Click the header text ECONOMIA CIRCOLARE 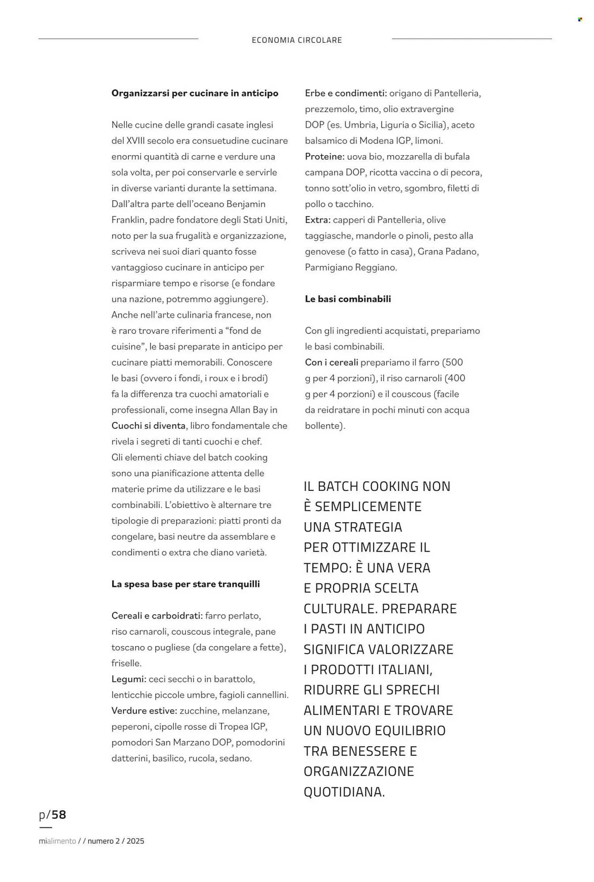tap(297, 40)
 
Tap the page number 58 tap(59, 815)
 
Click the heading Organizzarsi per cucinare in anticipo tap(195, 93)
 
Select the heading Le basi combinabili tap(348, 299)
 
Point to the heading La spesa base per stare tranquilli tap(185, 584)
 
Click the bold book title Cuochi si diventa tap(148, 426)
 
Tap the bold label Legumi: tap(128, 679)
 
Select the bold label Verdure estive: tap(144, 711)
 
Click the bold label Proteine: tap(324, 157)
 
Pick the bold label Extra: tap(317, 220)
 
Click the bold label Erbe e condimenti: tap(346, 93)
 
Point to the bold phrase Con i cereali tap(331, 363)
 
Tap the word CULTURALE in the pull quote tap(340, 609)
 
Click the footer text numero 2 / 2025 tap(116, 841)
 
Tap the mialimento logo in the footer tap(57, 841)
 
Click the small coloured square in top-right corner tap(580, 19)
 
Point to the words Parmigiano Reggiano tap(351, 267)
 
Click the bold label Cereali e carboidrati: tap(157, 616)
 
